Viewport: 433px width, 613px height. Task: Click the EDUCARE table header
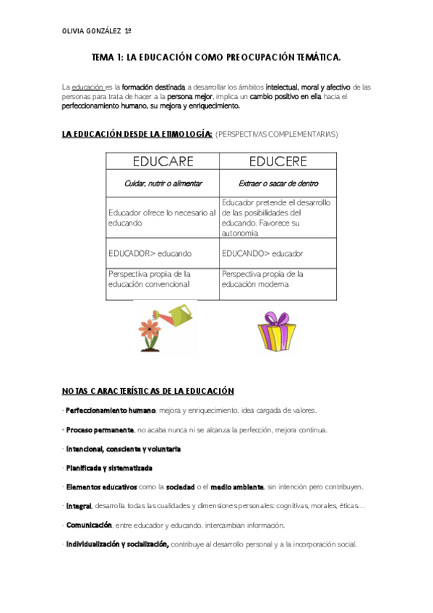(x=162, y=160)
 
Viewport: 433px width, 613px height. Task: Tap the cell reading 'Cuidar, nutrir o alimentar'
(x=162, y=184)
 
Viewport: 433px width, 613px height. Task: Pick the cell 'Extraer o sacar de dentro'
(x=278, y=184)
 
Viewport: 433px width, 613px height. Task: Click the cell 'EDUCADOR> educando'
(x=150, y=254)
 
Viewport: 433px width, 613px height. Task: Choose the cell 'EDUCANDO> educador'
(x=262, y=254)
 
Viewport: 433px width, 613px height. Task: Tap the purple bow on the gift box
(x=273, y=318)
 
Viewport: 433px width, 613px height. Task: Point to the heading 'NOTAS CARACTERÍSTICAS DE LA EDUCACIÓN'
(x=148, y=391)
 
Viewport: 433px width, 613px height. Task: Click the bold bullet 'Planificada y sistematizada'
(x=108, y=468)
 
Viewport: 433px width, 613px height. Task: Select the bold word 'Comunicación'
(x=89, y=525)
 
